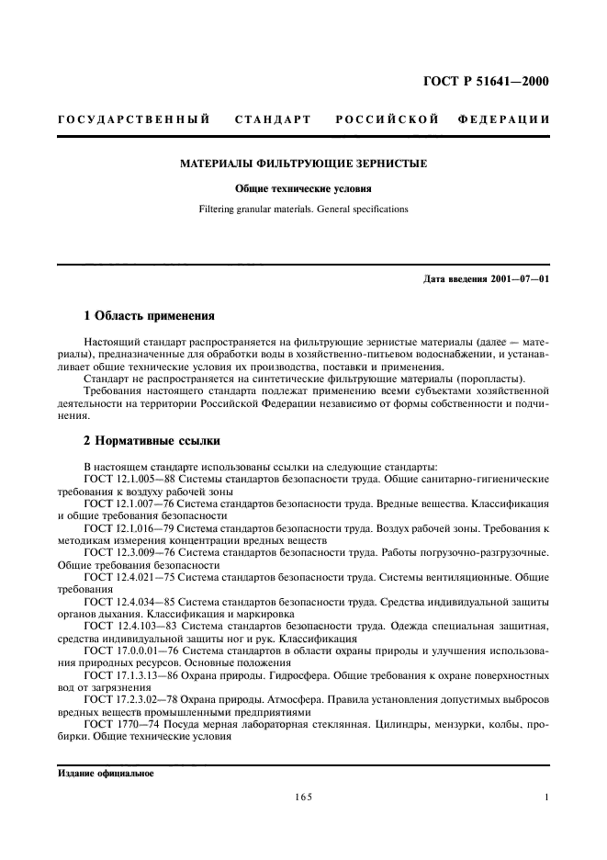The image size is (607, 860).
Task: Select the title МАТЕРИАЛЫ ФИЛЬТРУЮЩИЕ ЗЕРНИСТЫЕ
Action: (x=303, y=164)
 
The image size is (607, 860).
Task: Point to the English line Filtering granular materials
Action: (x=303, y=209)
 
